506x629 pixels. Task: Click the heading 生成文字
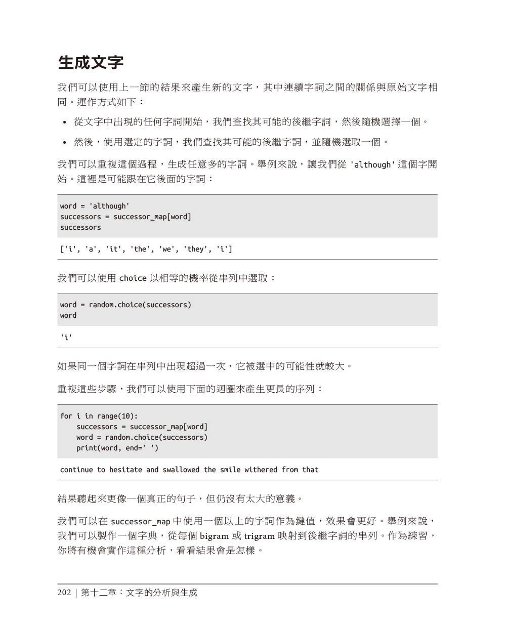91,63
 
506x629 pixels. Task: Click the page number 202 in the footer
64,593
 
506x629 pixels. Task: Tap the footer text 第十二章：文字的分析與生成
139,593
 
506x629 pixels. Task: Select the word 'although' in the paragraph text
372,165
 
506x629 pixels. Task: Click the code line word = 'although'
95,206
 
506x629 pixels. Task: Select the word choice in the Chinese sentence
133,278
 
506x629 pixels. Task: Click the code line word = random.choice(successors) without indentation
125,305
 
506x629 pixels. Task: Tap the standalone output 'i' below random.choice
66,337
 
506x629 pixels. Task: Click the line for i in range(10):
99,416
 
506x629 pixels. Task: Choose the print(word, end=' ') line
117,448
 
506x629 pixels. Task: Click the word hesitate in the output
126,470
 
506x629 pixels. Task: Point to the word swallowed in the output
181,470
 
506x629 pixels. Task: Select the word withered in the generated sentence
261,470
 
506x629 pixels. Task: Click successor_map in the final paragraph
140,522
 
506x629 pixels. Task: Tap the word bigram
215,536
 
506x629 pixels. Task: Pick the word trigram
260,536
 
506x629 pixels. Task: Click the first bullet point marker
64,122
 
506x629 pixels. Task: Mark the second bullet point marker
64,143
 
